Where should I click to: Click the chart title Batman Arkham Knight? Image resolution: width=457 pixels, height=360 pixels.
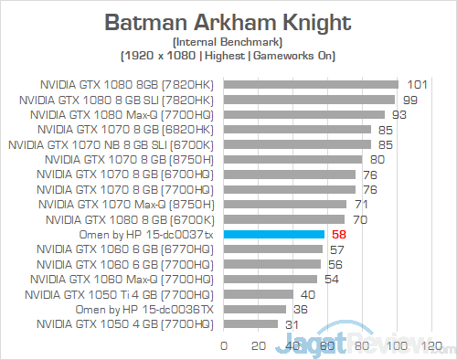[x=228, y=21]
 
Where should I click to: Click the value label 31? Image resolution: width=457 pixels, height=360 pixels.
[x=292, y=323]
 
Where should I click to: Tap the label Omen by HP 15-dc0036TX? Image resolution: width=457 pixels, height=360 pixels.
[x=147, y=309]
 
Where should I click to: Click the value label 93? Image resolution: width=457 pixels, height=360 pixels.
[x=399, y=115]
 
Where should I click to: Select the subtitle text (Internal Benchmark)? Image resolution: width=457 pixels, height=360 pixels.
[x=228, y=42]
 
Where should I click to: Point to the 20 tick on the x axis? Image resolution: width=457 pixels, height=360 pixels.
[x=259, y=346]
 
